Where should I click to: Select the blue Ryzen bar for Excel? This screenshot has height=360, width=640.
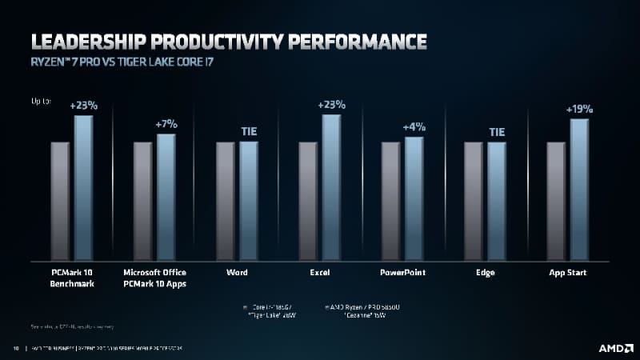coord(331,187)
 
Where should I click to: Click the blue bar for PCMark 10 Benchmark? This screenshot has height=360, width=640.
coord(84,187)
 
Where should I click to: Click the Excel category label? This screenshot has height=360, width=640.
coord(320,273)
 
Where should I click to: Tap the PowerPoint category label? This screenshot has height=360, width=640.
coord(402,273)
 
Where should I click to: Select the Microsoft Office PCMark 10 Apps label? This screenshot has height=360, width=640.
coord(155,278)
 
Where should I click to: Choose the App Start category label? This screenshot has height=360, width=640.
coord(567,273)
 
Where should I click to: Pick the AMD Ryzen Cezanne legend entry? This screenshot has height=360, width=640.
coord(353,311)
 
